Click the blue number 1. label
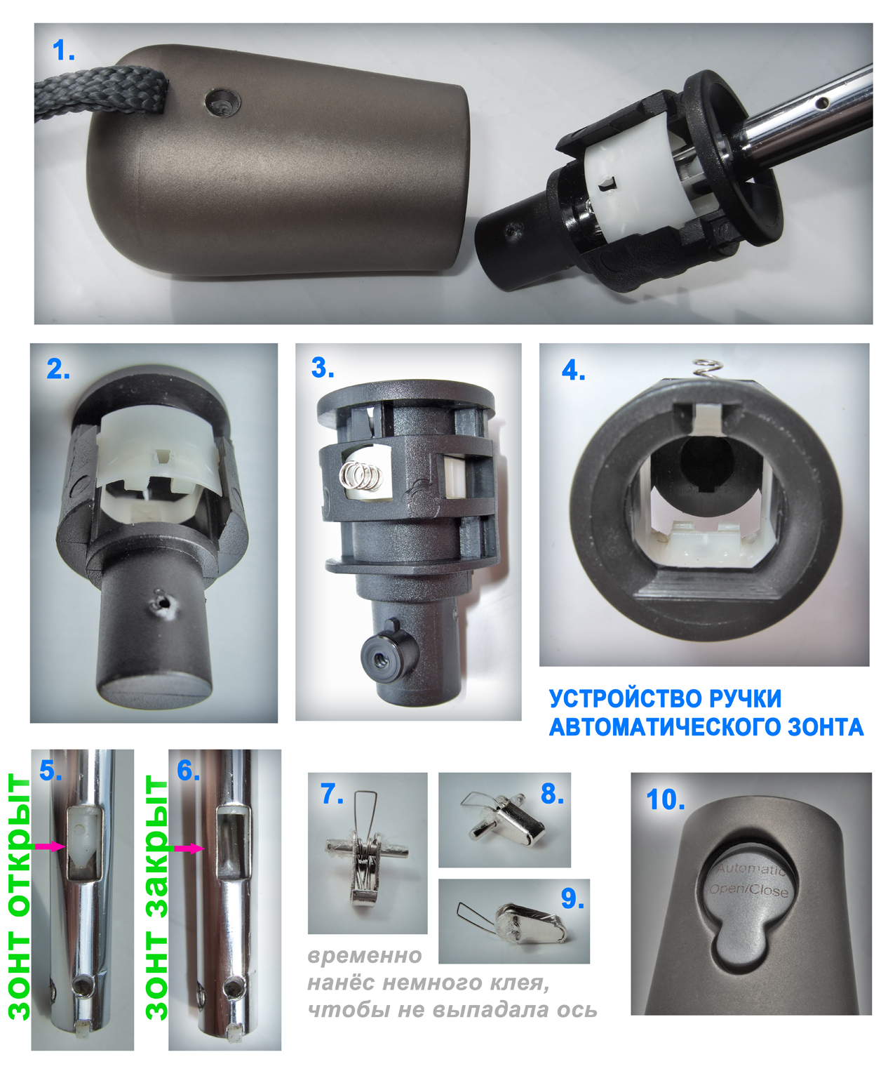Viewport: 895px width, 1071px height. click(64, 51)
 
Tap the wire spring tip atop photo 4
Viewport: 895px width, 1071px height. click(708, 369)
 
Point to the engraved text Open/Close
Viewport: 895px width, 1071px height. click(748, 890)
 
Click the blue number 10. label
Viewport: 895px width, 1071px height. click(666, 799)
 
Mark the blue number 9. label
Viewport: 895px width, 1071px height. click(572, 898)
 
